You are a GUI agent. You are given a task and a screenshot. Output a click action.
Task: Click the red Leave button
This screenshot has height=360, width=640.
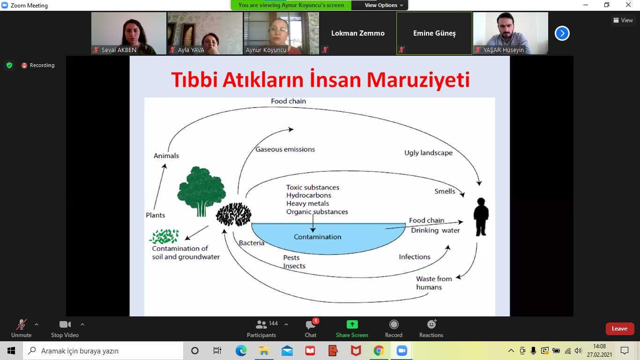click(x=619, y=329)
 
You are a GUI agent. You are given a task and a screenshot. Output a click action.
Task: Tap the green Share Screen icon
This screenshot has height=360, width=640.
click(x=352, y=324)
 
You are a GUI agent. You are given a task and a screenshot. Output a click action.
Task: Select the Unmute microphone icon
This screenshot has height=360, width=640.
click(x=22, y=324)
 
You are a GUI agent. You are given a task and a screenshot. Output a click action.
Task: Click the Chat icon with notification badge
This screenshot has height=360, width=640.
click(x=311, y=324)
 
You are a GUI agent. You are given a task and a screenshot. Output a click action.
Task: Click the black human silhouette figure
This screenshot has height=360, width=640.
click(x=481, y=217)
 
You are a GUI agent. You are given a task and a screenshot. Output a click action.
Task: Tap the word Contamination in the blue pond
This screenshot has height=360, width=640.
click(x=318, y=237)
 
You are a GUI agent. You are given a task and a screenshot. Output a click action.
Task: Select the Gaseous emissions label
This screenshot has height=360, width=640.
click(x=285, y=149)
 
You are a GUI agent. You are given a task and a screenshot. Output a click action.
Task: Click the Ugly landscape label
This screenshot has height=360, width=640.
click(x=428, y=153)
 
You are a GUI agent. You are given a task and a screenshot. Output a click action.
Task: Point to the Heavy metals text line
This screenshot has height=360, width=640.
click(x=307, y=203)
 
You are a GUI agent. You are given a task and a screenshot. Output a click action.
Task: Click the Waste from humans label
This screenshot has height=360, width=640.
click(x=434, y=283)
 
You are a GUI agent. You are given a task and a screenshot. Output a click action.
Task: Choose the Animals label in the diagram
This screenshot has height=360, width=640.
click(x=166, y=156)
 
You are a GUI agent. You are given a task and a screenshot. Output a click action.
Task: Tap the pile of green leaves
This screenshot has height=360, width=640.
click(x=164, y=236)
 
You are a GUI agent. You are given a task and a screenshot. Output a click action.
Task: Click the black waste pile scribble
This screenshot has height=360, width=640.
click(x=234, y=215)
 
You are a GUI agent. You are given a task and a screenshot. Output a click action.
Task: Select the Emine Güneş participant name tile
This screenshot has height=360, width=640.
click(x=434, y=33)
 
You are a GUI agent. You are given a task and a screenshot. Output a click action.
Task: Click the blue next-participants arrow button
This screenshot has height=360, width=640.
click(x=562, y=33)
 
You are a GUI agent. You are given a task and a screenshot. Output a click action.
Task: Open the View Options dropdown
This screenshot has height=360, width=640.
click(x=383, y=5)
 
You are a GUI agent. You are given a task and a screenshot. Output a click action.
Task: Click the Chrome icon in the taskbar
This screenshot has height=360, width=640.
click(x=379, y=351)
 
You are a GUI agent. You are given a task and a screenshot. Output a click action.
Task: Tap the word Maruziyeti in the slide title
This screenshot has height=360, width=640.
click(x=418, y=80)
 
